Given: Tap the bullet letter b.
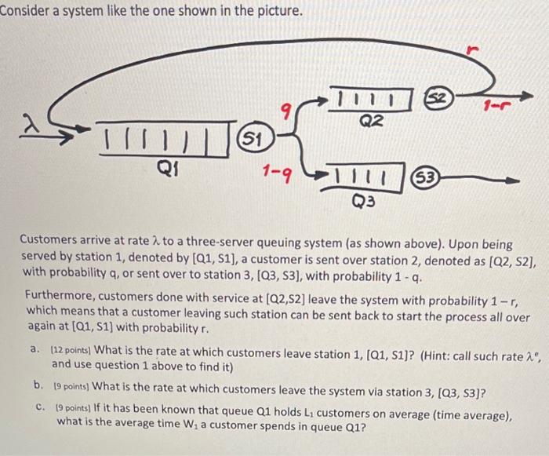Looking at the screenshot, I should pyautogui.click(x=38, y=385).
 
